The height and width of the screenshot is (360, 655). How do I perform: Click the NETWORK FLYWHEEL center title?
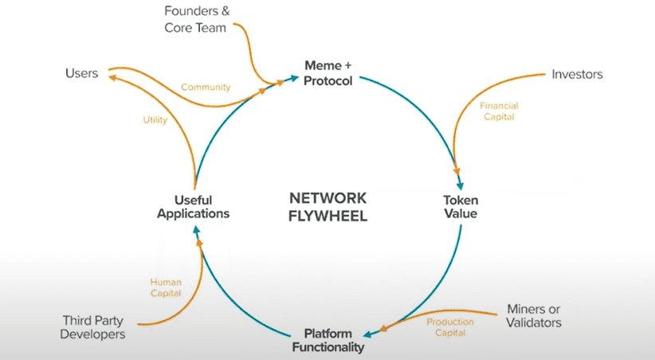pyautogui.click(x=328, y=207)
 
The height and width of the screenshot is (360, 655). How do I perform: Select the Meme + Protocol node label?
pyautogui.click(x=328, y=73)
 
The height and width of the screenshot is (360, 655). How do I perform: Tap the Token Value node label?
pyautogui.click(x=461, y=207)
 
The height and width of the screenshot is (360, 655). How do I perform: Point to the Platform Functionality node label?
pyautogui.click(x=328, y=340)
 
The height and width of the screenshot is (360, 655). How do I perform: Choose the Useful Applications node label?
pyautogui.click(x=194, y=207)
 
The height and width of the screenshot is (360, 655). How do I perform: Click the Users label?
pyautogui.click(x=81, y=73)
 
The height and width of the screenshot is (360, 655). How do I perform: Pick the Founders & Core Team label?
pyautogui.click(x=197, y=19)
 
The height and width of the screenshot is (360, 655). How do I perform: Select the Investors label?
pyautogui.click(x=577, y=74)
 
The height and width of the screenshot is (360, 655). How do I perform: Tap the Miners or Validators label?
pyautogui.click(x=533, y=315)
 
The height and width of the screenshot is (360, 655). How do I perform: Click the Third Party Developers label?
pyautogui.click(x=92, y=327)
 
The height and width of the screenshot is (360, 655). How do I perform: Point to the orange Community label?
pyautogui.click(x=206, y=87)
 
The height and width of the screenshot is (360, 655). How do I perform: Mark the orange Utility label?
pyautogui.click(x=155, y=119)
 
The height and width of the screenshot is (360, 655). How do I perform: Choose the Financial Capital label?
pyautogui.click(x=499, y=111)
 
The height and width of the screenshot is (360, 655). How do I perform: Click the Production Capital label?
pyautogui.click(x=450, y=327)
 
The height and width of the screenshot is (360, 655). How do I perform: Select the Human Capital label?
pyautogui.click(x=166, y=288)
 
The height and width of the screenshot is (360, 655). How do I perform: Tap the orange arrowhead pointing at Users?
pyautogui.click(x=112, y=77)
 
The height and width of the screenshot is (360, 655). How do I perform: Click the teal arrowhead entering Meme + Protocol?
pyautogui.click(x=295, y=78)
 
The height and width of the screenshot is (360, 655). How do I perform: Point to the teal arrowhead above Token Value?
pyautogui.click(x=461, y=186)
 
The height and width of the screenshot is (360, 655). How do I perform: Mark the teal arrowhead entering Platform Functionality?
pyautogui.click(x=368, y=334)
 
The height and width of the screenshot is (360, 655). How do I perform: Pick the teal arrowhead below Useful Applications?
pyautogui.click(x=196, y=229)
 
